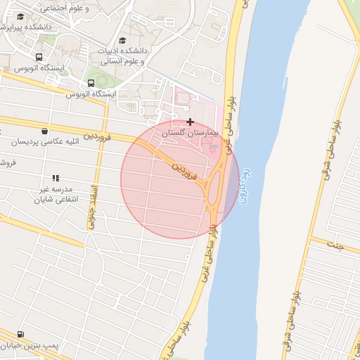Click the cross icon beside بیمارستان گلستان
[x=190, y=122]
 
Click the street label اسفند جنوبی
[x=92, y=207]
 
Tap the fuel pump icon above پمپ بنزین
[x=20, y=334]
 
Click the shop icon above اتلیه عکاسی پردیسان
[x=45, y=131]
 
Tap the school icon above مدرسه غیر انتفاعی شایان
[x=56, y=179]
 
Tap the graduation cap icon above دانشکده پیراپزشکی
[x=20, y=16]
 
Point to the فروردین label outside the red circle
[x=98, y=134]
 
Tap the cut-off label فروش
[x=7, y=163]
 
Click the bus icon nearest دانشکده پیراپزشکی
[x=39, y=58]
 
